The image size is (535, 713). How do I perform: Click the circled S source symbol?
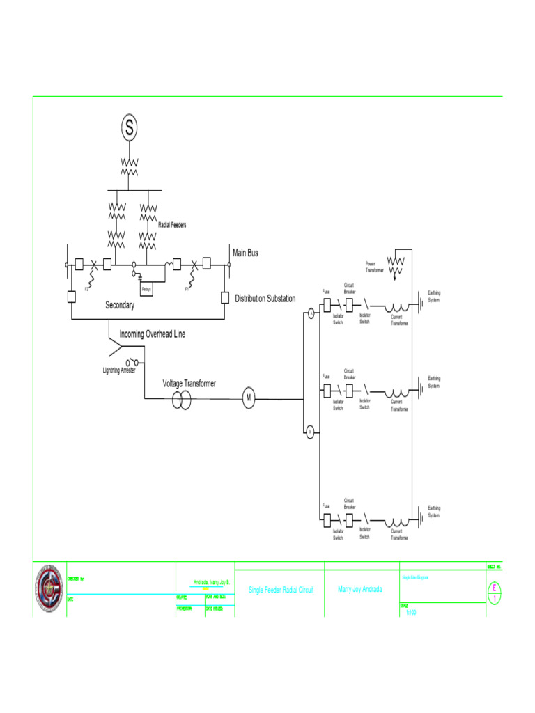click(x=129, y=127)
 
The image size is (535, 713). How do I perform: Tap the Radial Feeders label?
click(x=172, y=225)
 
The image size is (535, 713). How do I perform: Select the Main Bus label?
click(x=245, y=253)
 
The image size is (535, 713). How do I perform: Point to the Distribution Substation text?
click(x=265, y=299)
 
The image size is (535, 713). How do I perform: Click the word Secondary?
click(x=120, y=305)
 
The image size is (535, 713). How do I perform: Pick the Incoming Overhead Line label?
click(x=153, y=334)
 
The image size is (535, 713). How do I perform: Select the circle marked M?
click(x=248, y=398)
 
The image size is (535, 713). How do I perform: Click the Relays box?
click(x=147, y=288)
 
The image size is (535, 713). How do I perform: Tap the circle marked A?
click(x=311, y=315)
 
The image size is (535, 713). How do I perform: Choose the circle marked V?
click(x=310, y=432)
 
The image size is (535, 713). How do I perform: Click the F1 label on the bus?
click(x=187, y=288)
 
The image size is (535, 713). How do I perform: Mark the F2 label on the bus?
click(x=87, y=288)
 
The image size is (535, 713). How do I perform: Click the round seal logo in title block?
click(x=49, y=589)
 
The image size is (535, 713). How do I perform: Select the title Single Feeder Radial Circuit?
click(x=281, y=590)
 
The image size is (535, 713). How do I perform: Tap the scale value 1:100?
click(x=411, y=613)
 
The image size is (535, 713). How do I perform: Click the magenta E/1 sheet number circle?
click(x=494, y=593)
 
